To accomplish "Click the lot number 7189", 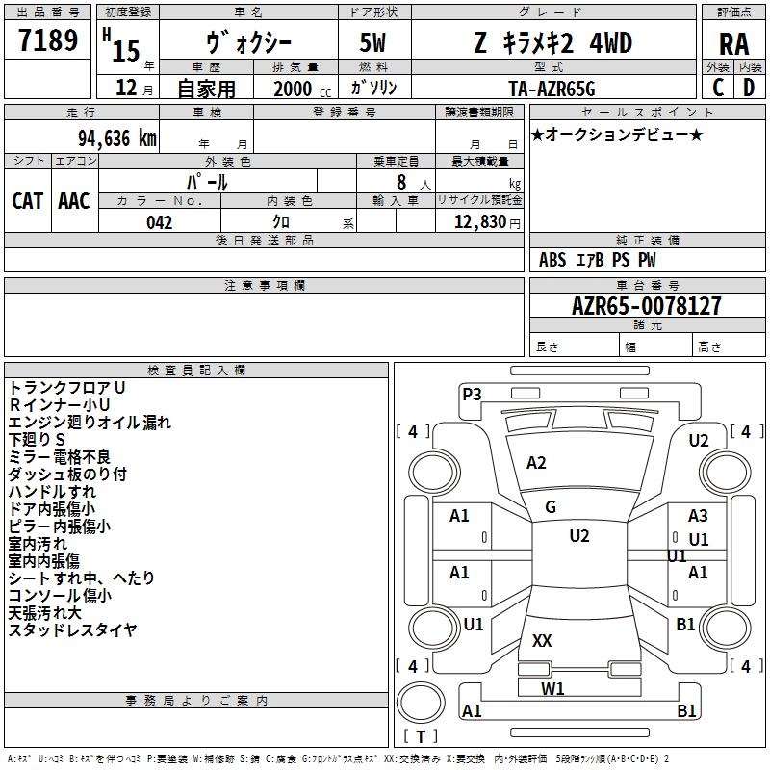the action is [x=48, y=39].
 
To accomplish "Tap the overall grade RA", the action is [x=733, y=43].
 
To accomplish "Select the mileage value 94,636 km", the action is [x=117, y=138].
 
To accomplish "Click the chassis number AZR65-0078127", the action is [x=647, y=305].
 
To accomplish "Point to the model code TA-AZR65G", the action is [x=552, y=89].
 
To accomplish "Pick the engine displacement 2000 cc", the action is [x=302, y=89].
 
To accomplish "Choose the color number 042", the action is [x=160, y=222].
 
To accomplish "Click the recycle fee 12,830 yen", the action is [x=487, y=222].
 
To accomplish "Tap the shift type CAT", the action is [x=28, y=201].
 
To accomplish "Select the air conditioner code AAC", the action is [x=74, y=201].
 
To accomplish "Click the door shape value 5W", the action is [x=372, y=42].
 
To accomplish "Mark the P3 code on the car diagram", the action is [x=472, y=394].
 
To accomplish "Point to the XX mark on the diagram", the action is [x=542, y=640].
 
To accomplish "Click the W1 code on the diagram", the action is [x=552, y=688].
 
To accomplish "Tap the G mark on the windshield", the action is [x=551, y=507].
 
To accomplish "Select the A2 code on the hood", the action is [x=536, y=463].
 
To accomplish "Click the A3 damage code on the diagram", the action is [x=698, y=516].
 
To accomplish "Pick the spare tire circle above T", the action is [x=421, y=703].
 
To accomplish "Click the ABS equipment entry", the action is [x=552, y=260].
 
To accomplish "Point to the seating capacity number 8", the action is [x=401, y=182].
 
